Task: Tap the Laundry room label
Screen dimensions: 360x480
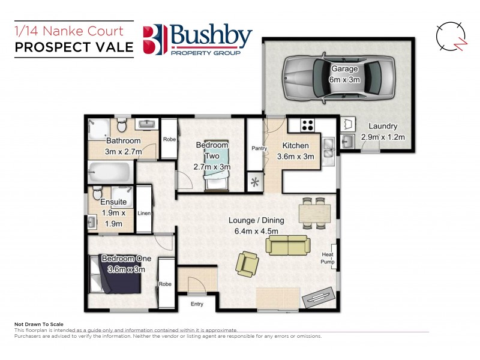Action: click(383, 126)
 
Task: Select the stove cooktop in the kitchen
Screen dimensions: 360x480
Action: click(308, 125)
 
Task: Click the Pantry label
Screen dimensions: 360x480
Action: click(259, 148)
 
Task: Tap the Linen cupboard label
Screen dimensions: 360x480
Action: click(144, 213)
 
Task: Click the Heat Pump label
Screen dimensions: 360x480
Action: click(328, 257)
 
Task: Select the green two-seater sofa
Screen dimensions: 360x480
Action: click(289, 245)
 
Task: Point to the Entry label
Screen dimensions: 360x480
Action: click(197, 304)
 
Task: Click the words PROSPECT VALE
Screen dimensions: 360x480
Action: click(74, 48)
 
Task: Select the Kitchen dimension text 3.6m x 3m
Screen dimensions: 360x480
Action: click(296, 157)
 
